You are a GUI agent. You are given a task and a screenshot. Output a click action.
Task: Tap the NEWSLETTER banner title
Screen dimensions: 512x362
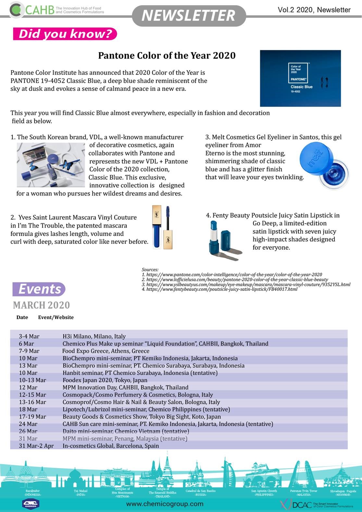point(188,16)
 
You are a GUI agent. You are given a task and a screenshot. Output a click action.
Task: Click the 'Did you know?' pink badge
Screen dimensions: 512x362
point(65,34)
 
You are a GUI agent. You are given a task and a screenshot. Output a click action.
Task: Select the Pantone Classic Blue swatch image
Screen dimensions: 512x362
point(300,78)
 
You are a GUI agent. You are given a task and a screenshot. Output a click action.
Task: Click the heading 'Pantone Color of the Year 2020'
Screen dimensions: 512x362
point(167,56)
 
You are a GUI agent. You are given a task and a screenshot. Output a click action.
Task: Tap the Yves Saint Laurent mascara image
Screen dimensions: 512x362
point(162,227)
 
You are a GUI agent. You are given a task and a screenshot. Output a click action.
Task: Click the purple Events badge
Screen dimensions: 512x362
point(39,289)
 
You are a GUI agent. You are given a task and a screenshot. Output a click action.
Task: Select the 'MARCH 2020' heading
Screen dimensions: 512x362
point(41,305)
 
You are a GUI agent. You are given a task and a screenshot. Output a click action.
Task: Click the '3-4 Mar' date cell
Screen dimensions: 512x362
point(29,336)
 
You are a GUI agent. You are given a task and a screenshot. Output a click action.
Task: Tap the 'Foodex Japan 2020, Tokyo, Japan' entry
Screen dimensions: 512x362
point(105,380)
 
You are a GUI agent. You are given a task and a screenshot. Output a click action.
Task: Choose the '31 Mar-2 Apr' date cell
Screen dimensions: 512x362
point(36,446)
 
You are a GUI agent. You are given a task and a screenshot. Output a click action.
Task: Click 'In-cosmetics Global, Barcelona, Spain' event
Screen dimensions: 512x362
point(111,446)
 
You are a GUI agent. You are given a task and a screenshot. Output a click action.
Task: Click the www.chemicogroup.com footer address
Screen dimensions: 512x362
point(165,504)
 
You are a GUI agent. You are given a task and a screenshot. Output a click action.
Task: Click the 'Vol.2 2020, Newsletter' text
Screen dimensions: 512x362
point(314,10)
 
